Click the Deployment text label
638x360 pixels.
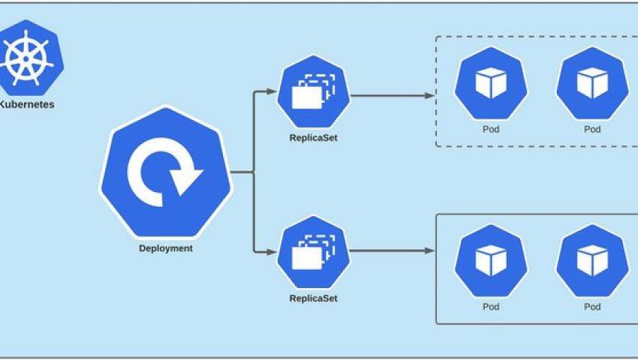[x=165, y=248]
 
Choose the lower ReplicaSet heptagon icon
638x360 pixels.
[x=313, y=251]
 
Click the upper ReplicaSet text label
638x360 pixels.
[x=313, y=137]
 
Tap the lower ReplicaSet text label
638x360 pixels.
[x=313, y=298]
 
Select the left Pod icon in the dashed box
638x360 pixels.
[x=491, y=83]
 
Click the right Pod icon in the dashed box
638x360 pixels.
[x=592, y=83]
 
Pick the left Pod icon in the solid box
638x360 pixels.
[x=491, y=259]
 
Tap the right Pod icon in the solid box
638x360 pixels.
[x=592, y=259]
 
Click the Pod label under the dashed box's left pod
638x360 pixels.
[x=491, y=129]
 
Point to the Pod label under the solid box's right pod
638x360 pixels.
[x=592, y=307]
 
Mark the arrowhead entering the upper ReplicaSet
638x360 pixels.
[x=272, y=92]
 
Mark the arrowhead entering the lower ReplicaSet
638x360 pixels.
[x=272, y=250]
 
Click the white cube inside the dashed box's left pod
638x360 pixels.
[x=491, y=83]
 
